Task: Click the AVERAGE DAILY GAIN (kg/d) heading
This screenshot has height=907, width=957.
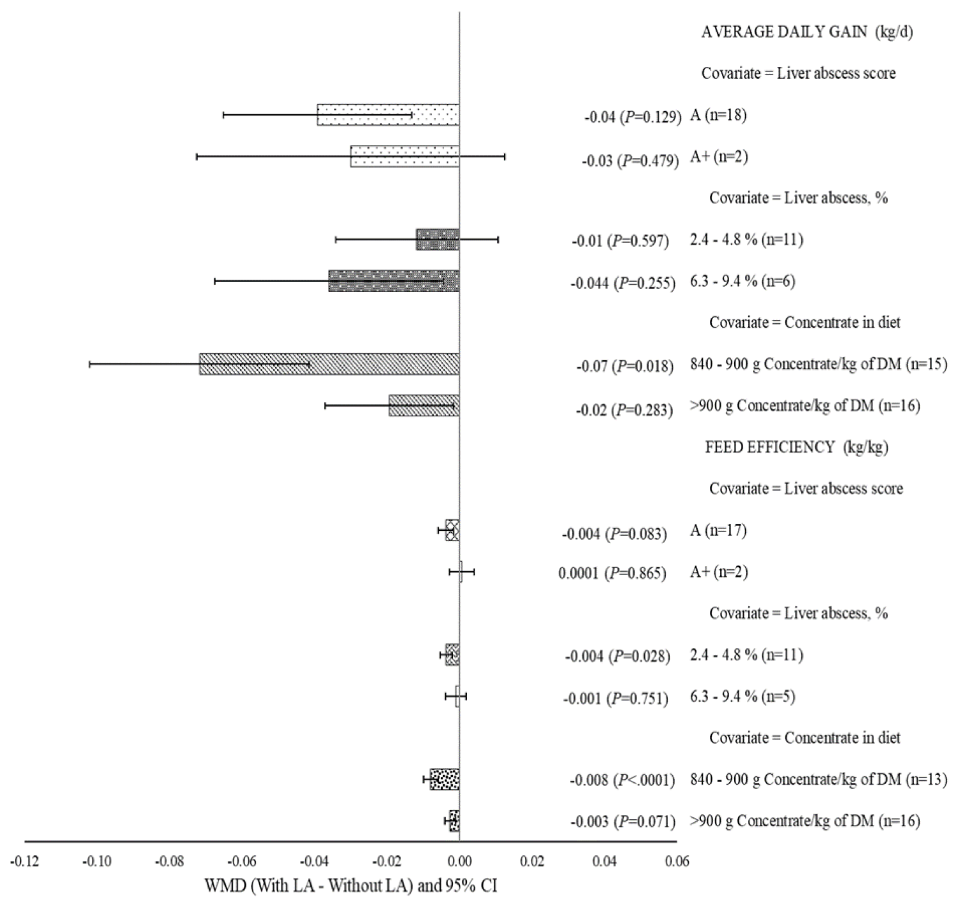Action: pos(807,32)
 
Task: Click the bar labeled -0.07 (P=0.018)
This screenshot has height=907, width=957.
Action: pos(329,364)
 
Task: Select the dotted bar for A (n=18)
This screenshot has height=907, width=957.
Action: pos(388,115)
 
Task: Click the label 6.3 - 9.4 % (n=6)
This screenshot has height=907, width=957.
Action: pos(742,281)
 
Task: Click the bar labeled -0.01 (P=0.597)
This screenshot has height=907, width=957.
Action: pos(437,239)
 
